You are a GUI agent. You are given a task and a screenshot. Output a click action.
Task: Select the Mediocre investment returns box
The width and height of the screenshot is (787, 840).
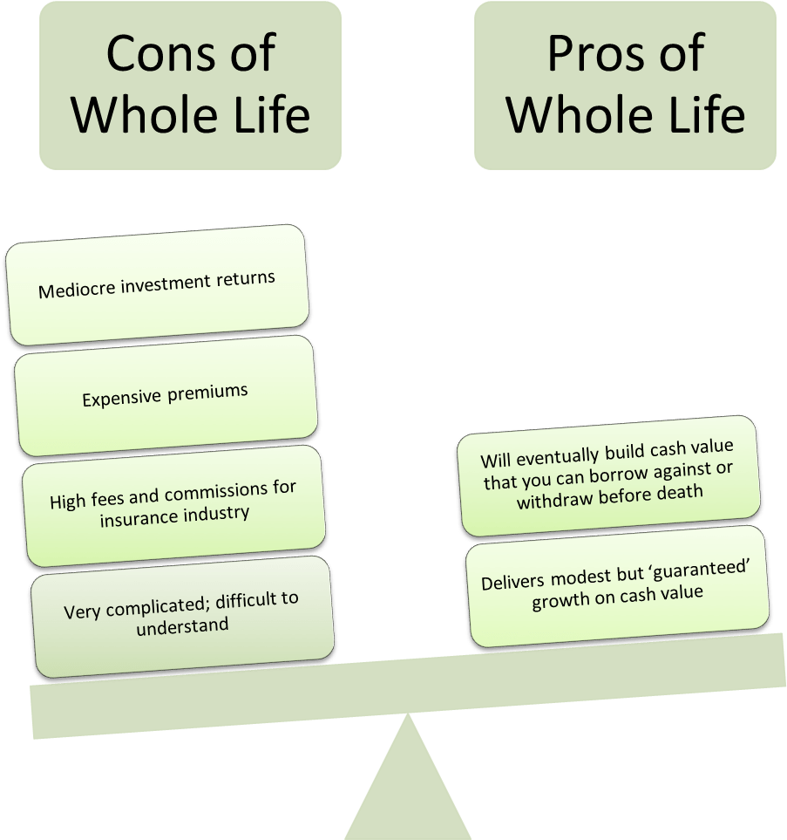[157, 284]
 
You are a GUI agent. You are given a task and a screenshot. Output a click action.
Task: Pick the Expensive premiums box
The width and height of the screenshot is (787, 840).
[166, 395]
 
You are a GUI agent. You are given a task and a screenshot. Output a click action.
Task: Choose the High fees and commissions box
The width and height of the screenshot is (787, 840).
[173, 506]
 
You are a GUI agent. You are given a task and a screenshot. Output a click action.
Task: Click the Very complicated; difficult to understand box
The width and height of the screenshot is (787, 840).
[182, 617]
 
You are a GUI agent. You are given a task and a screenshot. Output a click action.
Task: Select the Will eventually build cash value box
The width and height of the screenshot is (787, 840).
[608, 475]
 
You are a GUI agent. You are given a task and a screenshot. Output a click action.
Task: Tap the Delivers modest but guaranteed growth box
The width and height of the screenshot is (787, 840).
[617, 586]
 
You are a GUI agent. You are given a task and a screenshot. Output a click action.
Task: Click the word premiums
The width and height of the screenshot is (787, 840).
[207, 393]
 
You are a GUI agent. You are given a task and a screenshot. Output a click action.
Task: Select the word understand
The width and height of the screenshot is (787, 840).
[182, 626]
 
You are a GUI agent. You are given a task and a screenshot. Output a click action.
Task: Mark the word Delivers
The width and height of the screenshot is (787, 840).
[512, 582]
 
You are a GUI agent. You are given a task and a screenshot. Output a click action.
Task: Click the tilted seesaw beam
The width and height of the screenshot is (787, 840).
[408, 686]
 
